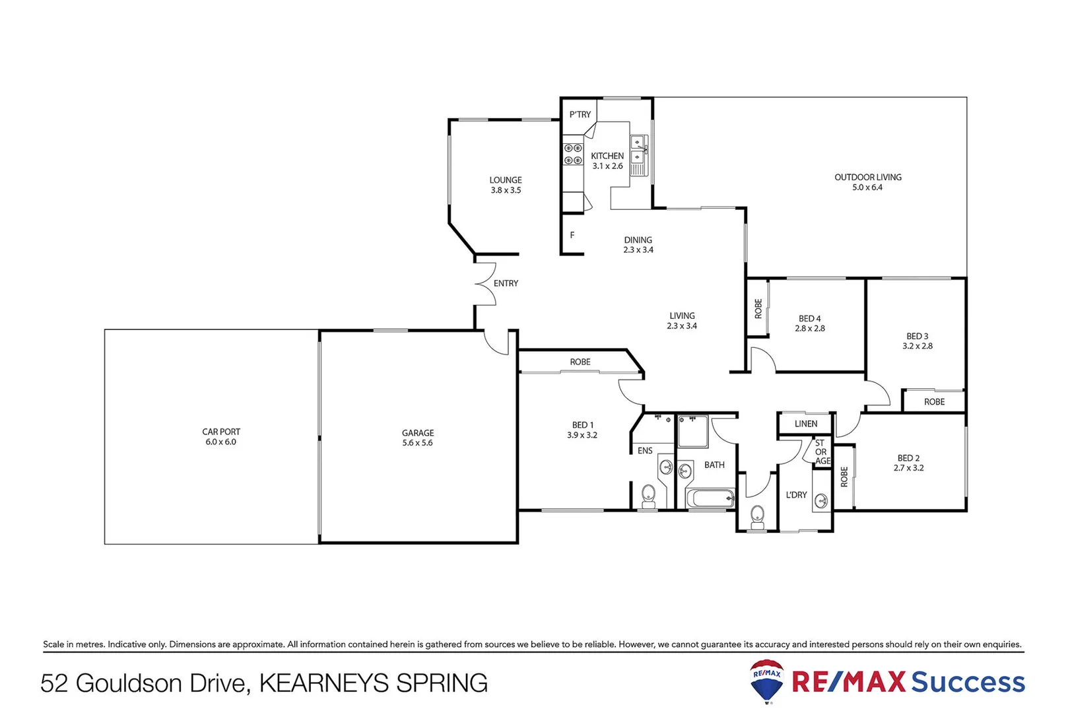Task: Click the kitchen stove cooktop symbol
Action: point(572,154)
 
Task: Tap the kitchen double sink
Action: point(638,150)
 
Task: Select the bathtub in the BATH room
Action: point(710,498)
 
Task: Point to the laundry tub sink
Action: point(820,500)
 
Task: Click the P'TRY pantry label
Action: point(580,114)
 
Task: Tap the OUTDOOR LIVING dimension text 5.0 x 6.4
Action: point(867,187)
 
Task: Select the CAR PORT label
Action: point(221,432)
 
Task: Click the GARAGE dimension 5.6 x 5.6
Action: point(417,443)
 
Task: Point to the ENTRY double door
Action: point(486,284)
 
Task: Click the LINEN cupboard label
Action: point(805,424)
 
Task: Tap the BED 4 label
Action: point(809,318)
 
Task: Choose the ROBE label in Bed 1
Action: point(580,362)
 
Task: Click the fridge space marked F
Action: point(572,235)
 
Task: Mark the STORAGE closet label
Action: point(820,452)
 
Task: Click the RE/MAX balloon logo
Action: point(766,680)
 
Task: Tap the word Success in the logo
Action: point(967,682)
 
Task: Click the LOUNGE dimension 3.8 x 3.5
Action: point(506,190)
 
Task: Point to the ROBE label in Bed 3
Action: point(934,401)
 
